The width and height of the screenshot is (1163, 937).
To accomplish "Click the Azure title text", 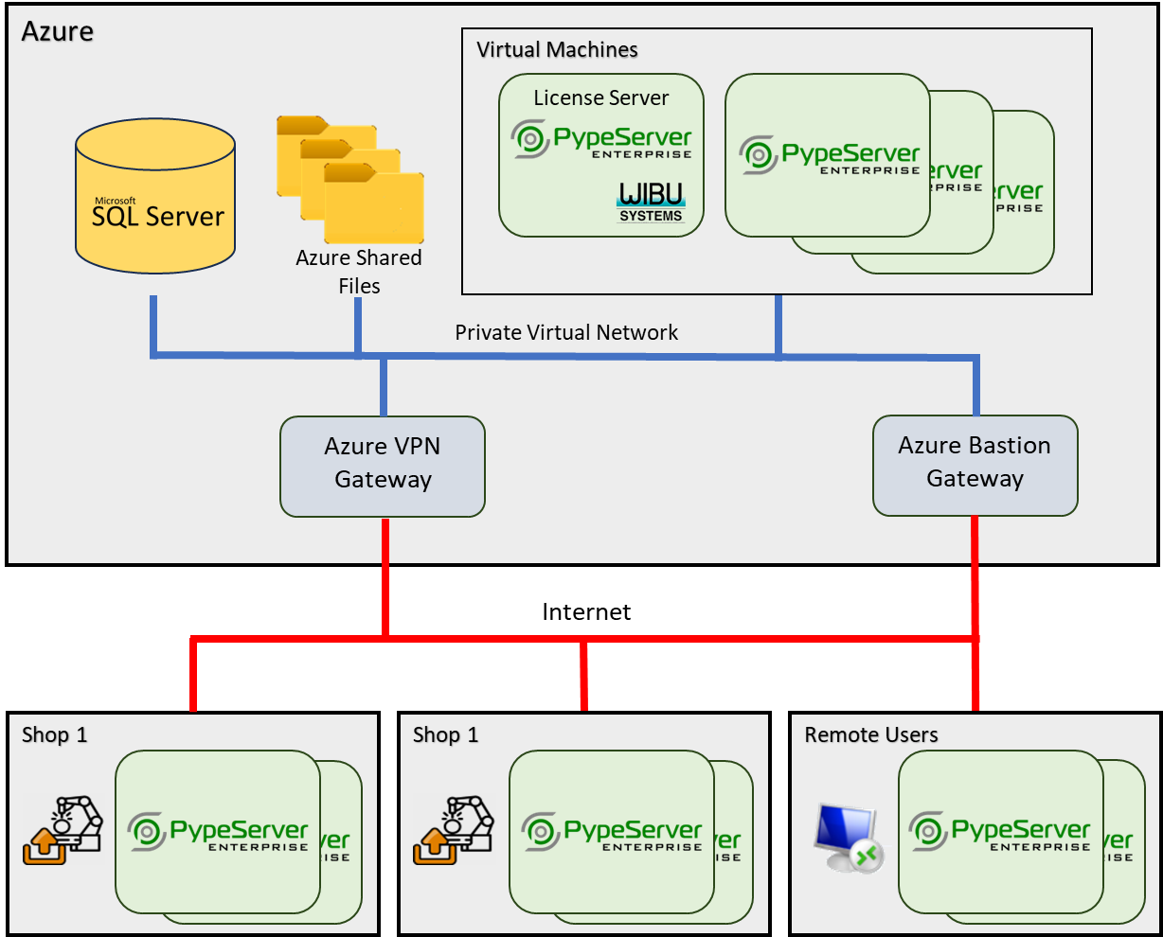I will (58, 31).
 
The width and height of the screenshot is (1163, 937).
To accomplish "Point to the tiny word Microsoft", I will (115, 201).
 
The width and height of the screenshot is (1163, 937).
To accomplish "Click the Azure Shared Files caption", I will (359, 272).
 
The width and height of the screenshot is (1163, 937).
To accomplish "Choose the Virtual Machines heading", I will (557, 49).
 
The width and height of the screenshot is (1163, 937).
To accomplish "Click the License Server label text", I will (600, 97).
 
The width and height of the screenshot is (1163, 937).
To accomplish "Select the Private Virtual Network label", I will (566, 332).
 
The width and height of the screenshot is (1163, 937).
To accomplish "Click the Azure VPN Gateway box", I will (383, 467).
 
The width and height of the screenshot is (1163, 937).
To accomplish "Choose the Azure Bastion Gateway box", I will (975, 466).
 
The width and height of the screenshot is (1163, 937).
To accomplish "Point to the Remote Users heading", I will (871, 734).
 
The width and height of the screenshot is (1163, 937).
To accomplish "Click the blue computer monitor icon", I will (847, 838).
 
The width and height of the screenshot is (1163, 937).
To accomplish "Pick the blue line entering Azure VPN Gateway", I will (384, 387).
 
